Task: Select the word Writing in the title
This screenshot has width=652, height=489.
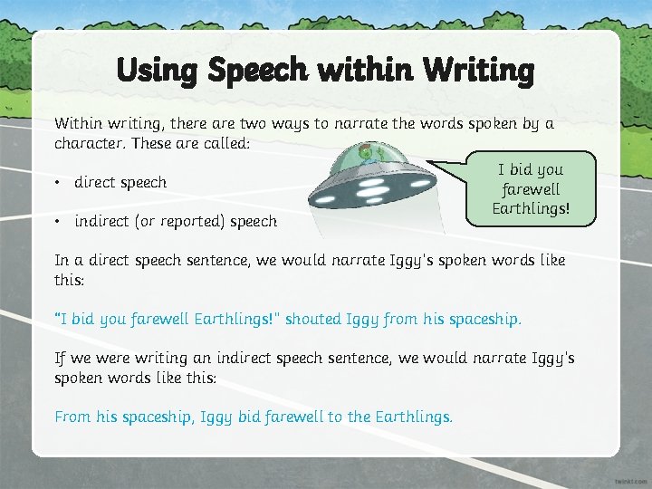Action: pyautogui.click(x=480, y=69)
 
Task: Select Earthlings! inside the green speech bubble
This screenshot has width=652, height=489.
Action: pyautogui.click(x=531, y=209)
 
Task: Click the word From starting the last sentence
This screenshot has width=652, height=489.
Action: pyautogui.click(x=72, y=417)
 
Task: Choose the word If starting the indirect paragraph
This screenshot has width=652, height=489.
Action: pyautogui.click(x=61, y=358)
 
